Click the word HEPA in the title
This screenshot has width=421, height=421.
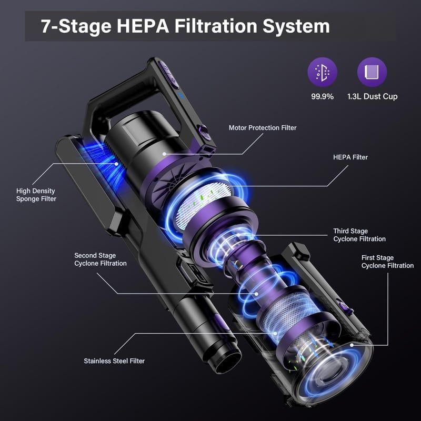pos(143,26)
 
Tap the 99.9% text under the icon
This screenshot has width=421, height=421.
pos(322,96)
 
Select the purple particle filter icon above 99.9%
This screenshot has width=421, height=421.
pos(322,72)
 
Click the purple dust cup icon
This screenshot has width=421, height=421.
pos(372,72)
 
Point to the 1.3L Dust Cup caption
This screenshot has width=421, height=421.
pos(372,96)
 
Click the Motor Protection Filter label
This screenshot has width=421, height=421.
pos(263,128)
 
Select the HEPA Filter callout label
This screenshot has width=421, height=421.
pos(350,157)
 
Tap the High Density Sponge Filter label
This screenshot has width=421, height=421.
pos(36,195)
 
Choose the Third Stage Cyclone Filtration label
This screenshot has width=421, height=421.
pos(359,235)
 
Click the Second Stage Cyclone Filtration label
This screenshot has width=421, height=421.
pos(101,259)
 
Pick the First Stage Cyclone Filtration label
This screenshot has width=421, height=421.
pos(387,262)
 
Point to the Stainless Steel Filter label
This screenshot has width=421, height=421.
pos(114,361)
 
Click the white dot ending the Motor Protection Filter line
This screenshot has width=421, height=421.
pos(164,154)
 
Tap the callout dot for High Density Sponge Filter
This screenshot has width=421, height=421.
pos(116,164)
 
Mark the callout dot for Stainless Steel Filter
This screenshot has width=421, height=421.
pos(275,334)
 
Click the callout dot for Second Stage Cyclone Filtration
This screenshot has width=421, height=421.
pos(256,294)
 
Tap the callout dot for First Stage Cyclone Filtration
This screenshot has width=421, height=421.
pos(352,345)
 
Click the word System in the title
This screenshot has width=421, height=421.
pos(296,27)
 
